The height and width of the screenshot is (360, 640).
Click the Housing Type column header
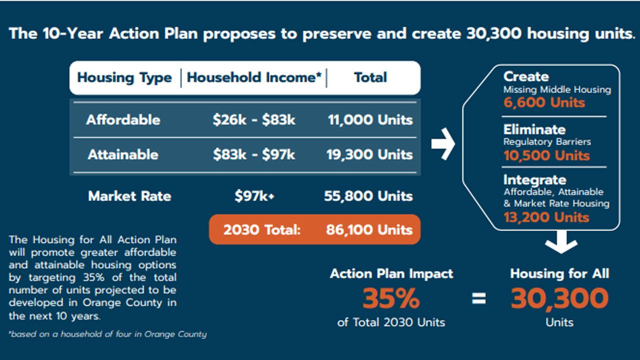coord(124,78)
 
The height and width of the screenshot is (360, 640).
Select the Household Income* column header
coord(254,78)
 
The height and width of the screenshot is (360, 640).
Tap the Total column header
coord(370,78)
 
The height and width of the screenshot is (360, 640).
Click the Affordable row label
coord(123,120)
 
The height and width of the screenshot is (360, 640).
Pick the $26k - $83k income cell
coord(254,120)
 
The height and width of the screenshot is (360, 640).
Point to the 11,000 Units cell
coord(370,120)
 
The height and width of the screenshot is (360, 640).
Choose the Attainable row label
coord(123,154)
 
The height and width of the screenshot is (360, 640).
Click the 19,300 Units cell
coord(370,154)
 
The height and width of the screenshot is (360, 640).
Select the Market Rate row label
coord(129,196)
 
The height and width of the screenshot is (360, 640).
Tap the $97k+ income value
coord(254,196)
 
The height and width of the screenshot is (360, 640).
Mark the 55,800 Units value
coord(368,196)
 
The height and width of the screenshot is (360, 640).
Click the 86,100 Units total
coord(369,230)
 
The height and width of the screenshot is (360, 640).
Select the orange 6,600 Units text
coord(544,103)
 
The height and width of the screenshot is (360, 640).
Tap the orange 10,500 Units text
coord(546,155)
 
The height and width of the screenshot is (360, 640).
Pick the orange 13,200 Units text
coord(546,217)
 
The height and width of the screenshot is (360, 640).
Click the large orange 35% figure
coord(391,299)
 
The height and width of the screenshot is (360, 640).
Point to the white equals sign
coord(478,299)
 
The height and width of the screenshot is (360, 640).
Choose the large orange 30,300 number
coord(559,299)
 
